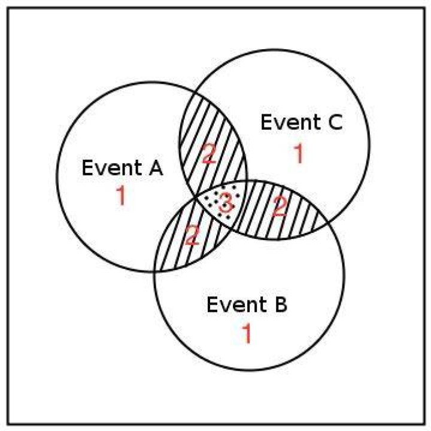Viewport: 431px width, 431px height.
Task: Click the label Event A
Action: (123, 168)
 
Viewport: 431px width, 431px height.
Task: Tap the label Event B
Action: (247, 304)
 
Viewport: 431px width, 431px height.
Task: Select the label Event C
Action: (302, 122)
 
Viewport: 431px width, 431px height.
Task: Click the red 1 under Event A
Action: (121, 195)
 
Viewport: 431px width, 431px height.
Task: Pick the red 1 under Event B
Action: (247, 333)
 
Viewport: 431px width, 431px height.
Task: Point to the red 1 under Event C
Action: (298, 154)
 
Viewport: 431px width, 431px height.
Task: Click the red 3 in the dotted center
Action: (226, 203)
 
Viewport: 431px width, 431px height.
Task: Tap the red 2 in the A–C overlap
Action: (209, 154)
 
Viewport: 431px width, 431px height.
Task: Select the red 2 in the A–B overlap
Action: (192, 235)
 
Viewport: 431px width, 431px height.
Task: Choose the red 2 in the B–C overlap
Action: (280, 206)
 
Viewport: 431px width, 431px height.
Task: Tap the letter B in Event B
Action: (281, 304)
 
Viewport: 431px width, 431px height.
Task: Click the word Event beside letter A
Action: (112, 168)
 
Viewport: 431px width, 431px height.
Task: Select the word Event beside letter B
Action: (236, 304)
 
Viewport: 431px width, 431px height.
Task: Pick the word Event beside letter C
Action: (291, 122)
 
